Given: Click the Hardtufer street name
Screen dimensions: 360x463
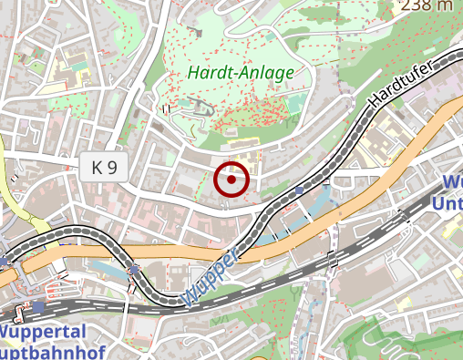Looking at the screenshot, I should (x=399, y=87).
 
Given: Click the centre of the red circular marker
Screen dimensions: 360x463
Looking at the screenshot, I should (x=231, y=180).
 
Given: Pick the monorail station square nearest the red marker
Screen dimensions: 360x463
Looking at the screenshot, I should (x=300, y=190).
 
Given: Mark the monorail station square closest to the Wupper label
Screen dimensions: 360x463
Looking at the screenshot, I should (x=135, y=270).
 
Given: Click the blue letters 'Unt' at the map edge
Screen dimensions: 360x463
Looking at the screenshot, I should (x=449, y=202).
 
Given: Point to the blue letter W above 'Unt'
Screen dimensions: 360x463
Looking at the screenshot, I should (x=451, y=181).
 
